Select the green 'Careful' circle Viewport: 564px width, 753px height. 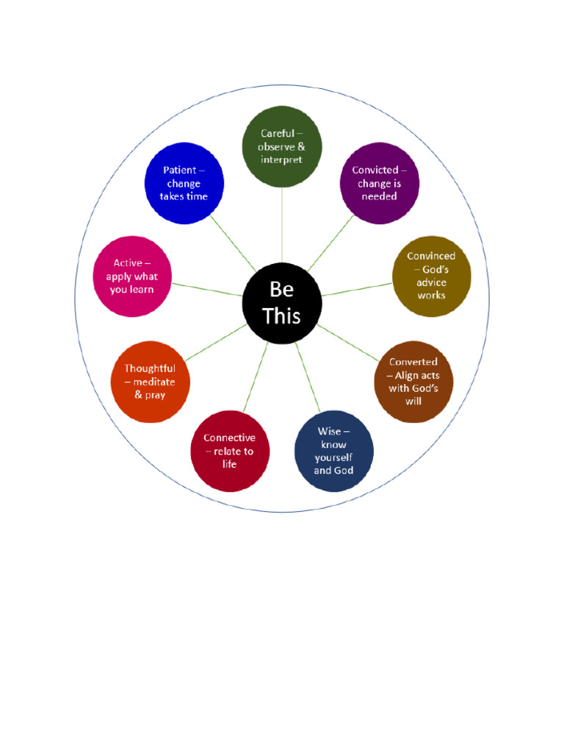point(282,146)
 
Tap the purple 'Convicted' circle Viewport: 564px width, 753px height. point(379,183)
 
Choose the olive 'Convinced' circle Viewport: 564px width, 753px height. point(431,276)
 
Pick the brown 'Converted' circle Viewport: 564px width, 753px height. point(413,382)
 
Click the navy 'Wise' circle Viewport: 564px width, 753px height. point(333,451)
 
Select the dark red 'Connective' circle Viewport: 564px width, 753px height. point(229,451)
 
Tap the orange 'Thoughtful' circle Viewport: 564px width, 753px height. point(150,382)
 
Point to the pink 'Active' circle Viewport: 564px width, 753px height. point(132,276)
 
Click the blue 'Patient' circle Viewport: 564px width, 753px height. point(184,183)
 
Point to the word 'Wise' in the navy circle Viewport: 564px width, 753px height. point(329,431)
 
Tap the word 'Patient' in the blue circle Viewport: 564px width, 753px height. point(180,170)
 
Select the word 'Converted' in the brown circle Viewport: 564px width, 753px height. point(413,362)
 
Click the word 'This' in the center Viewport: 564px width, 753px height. point(282,316)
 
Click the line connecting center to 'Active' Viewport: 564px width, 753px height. point(207,289)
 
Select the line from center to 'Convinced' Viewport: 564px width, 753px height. point(357,289)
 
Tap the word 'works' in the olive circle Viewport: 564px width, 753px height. point(431,296)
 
